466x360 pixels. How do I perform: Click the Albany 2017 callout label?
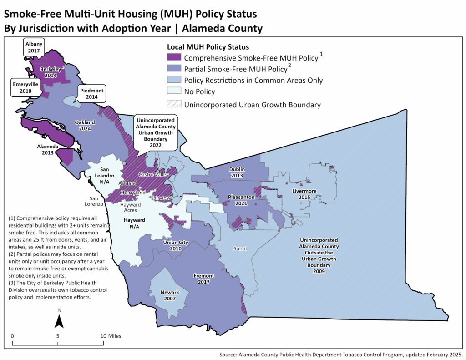pos(34,47)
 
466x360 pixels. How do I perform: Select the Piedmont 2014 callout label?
pos(92,94)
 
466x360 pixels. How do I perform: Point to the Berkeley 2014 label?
pos(51,72)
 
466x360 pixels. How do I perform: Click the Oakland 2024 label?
pos(85,126)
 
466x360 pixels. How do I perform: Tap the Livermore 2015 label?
pos(304,194)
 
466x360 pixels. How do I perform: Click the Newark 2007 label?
pos(170,295)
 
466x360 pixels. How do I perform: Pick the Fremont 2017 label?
pos(203,279)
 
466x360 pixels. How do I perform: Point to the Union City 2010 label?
pos(175,246)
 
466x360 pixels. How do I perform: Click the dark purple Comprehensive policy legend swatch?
pos(174,58)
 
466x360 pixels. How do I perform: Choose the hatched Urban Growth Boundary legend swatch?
pos(174,104)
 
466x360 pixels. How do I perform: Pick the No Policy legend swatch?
pos(174,92)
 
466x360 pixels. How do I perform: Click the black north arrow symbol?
pos(59,322)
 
